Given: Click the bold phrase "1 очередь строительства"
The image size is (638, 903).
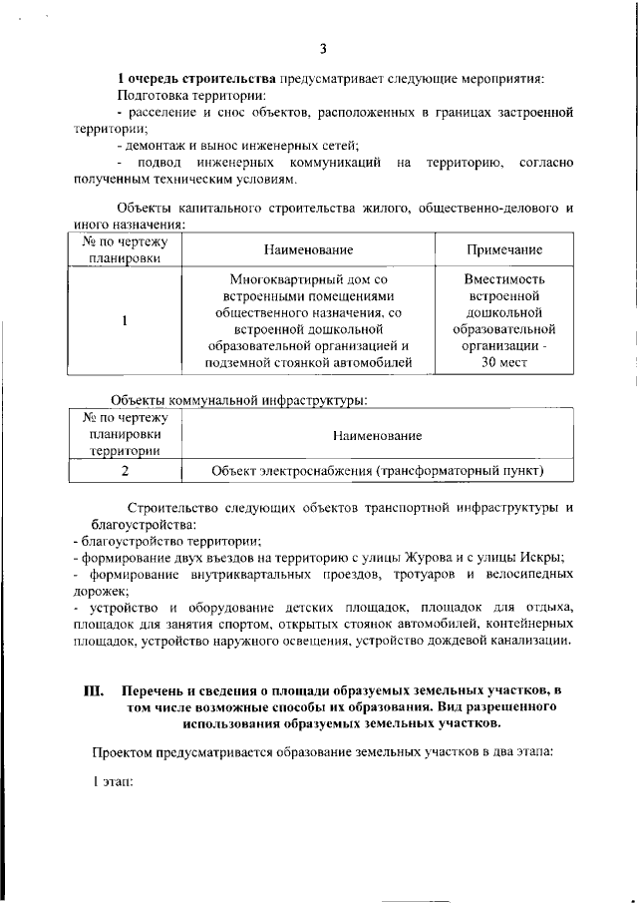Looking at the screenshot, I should coord(198,79).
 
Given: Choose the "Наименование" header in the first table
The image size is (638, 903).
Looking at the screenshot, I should coord(308,247).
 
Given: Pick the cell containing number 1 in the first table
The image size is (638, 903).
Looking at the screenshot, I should coord(125,321).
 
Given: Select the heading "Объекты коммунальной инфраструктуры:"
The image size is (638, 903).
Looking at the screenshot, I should coord(238,401).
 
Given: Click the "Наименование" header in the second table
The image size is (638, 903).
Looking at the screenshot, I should coord(379,436).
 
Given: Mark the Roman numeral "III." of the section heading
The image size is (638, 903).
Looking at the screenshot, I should coord(93,689).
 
